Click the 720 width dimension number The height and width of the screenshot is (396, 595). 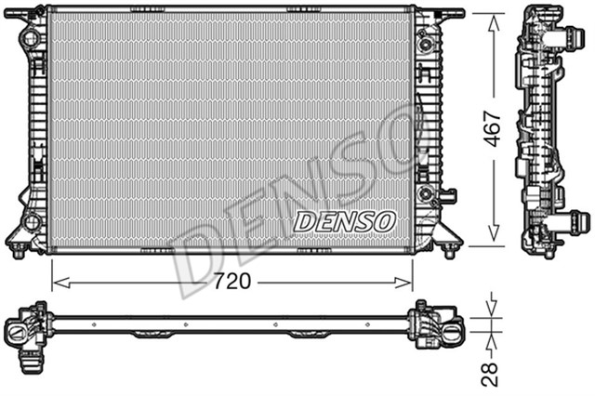231,281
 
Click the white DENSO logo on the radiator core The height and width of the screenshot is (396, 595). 345,221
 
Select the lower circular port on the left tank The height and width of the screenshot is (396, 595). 32,222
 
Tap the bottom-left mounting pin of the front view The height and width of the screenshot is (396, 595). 19,251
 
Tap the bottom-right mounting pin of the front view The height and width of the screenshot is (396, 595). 449,251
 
